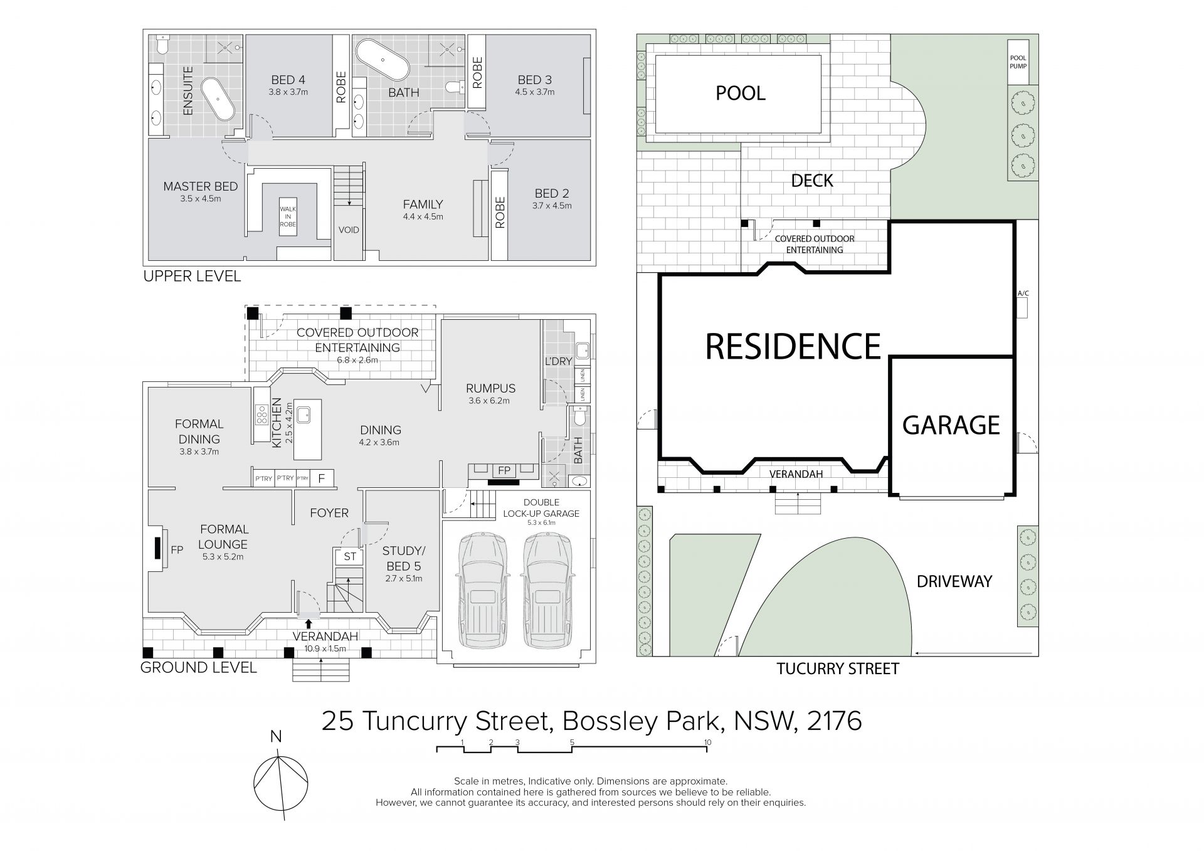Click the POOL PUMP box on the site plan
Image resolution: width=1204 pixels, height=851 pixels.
[1018, 61]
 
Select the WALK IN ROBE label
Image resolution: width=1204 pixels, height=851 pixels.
[288, 217]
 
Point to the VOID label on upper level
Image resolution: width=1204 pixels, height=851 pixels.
[349, 230]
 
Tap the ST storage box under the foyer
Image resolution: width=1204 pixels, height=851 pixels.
[349, 556]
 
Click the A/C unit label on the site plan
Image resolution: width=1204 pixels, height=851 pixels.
[1023, 293]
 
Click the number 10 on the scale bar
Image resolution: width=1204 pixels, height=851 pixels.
[707, 743]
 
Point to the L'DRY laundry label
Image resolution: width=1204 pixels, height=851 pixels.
[558, 361]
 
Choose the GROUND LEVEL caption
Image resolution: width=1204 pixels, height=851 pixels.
[198, 667]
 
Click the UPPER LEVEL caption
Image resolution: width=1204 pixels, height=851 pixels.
[192, 276]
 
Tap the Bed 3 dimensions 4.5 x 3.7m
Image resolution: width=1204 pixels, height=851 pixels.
[535, 92]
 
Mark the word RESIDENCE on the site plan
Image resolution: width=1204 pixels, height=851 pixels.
[793, 346]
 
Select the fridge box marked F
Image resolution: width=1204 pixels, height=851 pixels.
[322, 478]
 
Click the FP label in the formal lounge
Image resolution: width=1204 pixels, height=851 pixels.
[177, 550]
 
